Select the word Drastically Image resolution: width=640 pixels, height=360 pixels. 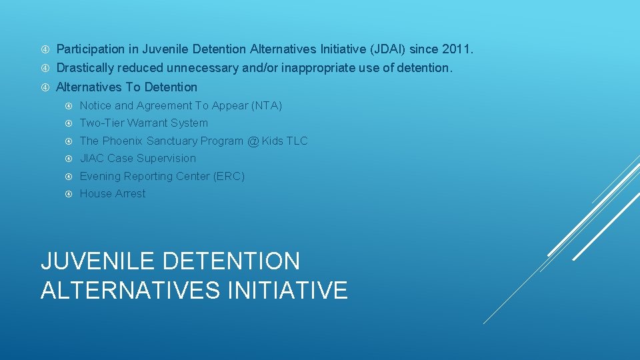pos(85,68)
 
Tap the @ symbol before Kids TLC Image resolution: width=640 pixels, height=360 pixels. pos(253,141)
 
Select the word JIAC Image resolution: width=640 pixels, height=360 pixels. pos(92,158)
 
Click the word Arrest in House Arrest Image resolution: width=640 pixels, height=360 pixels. pos(129,193)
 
